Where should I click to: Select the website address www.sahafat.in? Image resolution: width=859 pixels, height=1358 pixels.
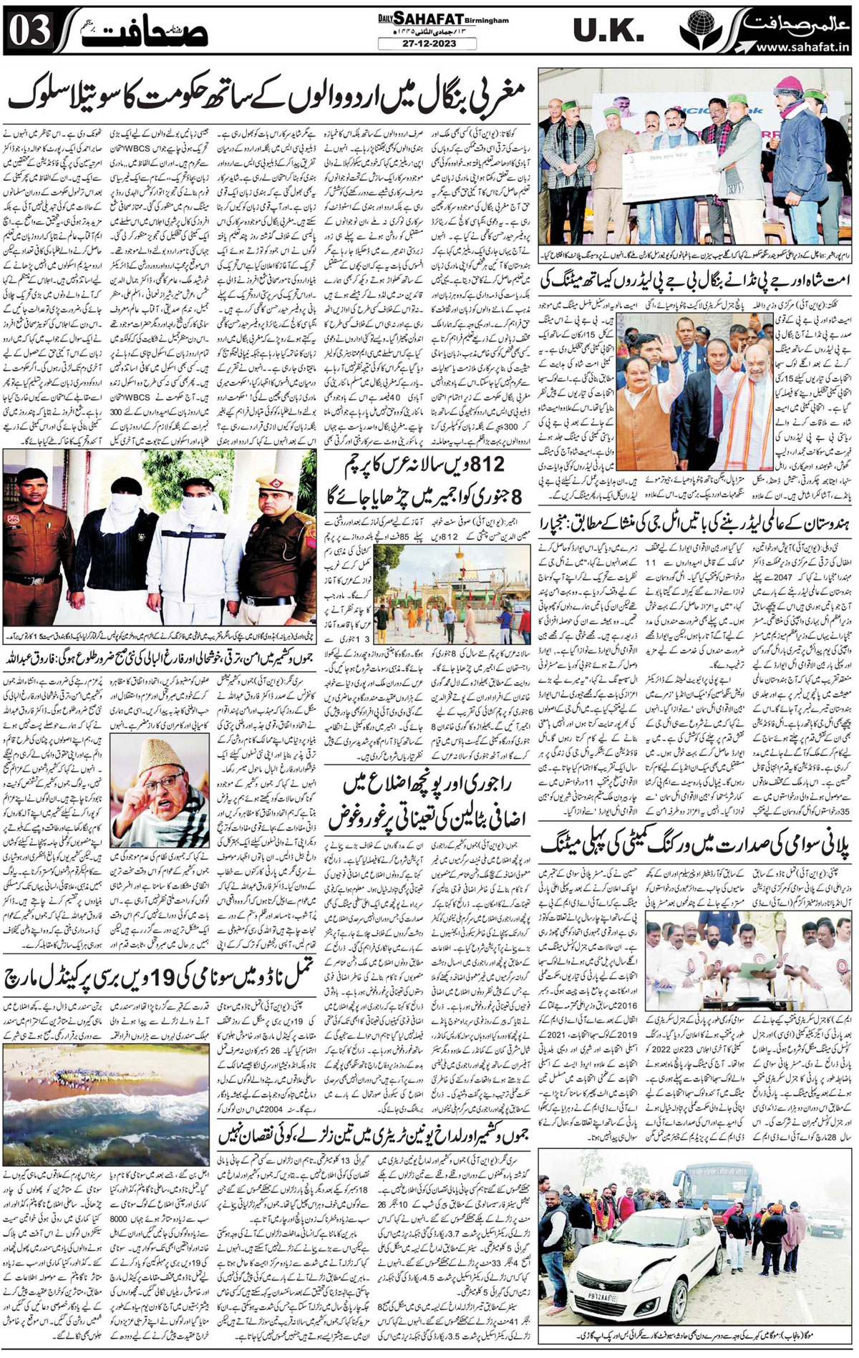coord(800,47)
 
